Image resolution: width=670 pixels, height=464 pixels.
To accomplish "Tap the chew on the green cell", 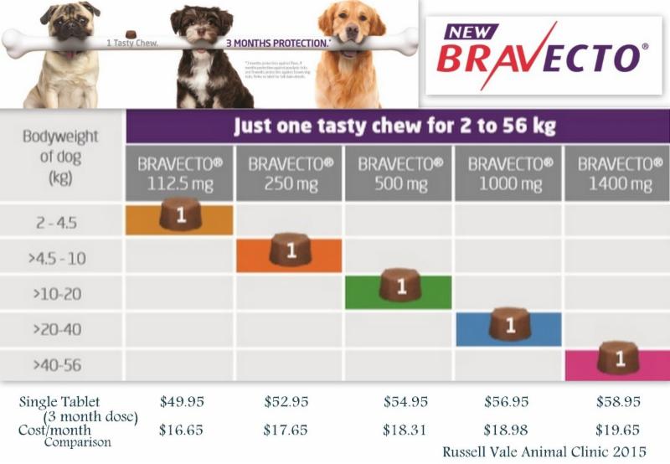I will pyautogui.click(x=399, y=286).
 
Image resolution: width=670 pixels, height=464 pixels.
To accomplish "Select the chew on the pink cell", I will pyautogui.click(x=618, y=358).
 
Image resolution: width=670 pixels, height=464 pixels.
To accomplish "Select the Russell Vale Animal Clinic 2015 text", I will pyautogui.click(x=545, y=451).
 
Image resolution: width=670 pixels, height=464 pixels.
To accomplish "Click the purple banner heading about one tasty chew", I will pyautogui.click(x=398, y=128).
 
